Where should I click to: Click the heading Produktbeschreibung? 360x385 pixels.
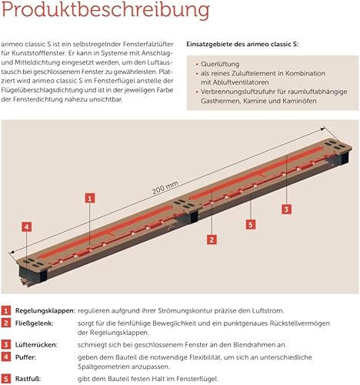(105, 10)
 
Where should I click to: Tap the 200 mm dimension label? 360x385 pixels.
(165, 188)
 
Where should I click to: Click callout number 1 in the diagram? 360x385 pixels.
(90, 198)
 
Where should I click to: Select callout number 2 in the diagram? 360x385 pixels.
(212, 239)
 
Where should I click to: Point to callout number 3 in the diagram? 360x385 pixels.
(286, 209)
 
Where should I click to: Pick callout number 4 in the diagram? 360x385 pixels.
(27, 227)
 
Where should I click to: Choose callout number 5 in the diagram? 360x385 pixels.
(251, 225)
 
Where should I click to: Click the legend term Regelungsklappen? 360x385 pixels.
(45, 311)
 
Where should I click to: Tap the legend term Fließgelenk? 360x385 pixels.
(34, 323)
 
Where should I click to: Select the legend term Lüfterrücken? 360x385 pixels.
(36, 345)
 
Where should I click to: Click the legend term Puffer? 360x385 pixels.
(25, 357)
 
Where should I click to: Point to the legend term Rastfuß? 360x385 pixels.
(28, 379)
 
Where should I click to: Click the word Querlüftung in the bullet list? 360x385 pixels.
(220, 64)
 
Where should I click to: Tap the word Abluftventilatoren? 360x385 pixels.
(241, 82)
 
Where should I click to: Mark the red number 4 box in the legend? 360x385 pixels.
(5, 357)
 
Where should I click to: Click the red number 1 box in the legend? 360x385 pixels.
(5, 311)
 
